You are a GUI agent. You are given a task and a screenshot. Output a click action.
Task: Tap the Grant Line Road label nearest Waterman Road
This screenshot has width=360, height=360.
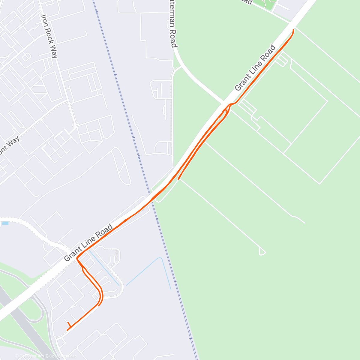coord(255,68)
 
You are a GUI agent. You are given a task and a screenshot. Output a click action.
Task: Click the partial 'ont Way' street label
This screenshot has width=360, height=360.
coord(9,146)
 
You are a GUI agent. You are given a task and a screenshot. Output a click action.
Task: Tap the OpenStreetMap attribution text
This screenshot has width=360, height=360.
coord(63,356)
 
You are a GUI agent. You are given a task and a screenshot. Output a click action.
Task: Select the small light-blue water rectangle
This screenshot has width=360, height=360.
coord(5,223)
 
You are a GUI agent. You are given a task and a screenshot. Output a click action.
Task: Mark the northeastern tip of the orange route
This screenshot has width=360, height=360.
coord(293,29)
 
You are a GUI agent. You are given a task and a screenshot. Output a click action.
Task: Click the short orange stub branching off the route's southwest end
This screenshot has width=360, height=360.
coord(69,324)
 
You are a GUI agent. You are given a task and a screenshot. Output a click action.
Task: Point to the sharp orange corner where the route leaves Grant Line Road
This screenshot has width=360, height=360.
coord(77,258)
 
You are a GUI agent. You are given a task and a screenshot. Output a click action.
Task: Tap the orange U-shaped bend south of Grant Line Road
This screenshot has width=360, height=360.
coord(101,295)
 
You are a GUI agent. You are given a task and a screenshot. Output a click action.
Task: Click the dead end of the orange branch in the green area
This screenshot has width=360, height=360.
coord(178,179)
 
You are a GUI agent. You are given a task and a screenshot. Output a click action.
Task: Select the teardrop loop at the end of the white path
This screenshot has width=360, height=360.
coord(262,252)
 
